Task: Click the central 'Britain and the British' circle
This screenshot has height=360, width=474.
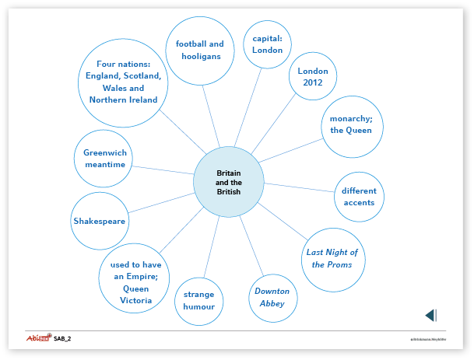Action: pos(228,182)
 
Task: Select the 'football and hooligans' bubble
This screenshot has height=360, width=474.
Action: pos(199,50)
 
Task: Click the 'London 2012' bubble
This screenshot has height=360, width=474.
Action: pos(313,77)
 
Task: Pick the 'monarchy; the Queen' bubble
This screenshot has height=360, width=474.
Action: pos(351,124)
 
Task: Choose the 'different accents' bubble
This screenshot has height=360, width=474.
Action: pos(358,196)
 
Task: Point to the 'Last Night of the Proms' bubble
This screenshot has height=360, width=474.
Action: pos(332,258)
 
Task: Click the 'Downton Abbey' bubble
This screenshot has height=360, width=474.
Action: pos(272,297)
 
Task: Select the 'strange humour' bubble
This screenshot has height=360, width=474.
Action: pos(199,300)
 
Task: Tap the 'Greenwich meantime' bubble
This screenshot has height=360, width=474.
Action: pos(105,159)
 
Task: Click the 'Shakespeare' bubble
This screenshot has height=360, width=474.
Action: pos(100,221)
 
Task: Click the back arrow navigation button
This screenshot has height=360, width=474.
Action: pos(430,315)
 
